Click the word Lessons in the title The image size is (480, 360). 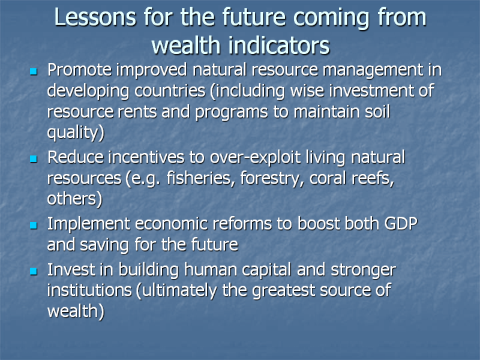(x=95, y=17)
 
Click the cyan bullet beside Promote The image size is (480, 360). (x=34, y=71)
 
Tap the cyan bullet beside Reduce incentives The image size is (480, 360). (x=34, y=158)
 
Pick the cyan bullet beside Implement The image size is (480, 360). (x=34, y=226)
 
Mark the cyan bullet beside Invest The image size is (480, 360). (x=34, y=271)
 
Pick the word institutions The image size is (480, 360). (x=89, y=290)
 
